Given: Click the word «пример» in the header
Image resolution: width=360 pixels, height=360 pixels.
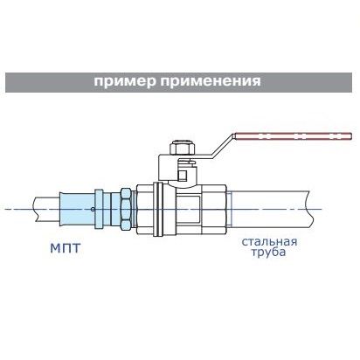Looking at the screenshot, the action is (124, 81).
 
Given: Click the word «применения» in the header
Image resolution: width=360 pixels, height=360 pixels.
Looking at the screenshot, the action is (211, 81).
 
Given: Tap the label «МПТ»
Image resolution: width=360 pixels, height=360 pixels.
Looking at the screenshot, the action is (65, 248).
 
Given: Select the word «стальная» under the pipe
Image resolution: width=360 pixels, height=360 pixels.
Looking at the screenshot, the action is (269, 242).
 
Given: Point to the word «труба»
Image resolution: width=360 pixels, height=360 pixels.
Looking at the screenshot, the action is (268, 253).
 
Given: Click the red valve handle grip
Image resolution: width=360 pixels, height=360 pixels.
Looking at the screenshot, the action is (293, 135).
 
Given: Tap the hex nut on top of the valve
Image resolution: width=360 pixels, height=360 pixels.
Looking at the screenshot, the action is (182, 148).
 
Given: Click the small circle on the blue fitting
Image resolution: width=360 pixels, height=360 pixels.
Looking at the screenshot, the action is (93, 209).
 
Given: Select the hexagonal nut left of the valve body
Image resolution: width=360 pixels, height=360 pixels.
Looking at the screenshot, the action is (126, 208).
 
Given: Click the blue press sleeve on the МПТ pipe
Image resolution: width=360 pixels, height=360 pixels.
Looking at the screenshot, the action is (77, 209).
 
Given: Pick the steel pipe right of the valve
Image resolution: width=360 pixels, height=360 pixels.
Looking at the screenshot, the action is (268, 209).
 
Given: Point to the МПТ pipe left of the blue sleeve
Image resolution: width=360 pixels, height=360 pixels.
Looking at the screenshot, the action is (46, 209).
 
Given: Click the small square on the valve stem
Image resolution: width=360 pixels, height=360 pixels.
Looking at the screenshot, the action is (183, 175).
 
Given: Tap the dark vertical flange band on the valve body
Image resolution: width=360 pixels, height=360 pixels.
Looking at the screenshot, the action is (158, 209).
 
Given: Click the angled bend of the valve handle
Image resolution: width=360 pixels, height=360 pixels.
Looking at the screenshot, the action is (223, 145).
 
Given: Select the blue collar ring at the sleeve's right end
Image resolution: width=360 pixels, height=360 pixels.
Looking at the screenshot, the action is (99, 209).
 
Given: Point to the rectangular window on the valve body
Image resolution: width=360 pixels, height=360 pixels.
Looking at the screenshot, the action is (189, 209).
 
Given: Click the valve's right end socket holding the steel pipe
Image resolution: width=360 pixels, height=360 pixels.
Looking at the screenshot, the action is (214, 209).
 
